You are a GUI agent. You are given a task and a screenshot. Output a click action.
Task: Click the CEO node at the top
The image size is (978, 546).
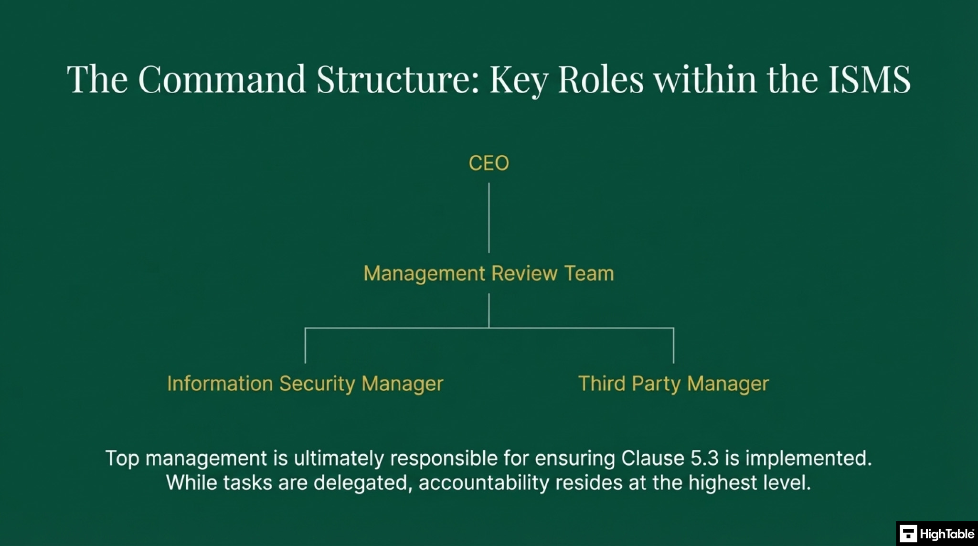click(x=489, y=163)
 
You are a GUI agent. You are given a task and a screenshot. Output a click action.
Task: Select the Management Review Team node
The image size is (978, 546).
click(x=489, y=274)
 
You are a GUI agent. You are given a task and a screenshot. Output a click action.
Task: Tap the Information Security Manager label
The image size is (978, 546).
click(x=305, y=384)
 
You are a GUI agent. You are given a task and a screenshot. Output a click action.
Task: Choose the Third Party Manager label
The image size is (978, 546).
click(x=673, y=384)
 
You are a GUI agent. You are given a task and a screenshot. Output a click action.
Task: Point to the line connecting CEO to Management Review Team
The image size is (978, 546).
click(x=489, y=218)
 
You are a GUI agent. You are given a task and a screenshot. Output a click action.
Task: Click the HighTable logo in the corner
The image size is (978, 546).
click(x=936, y=534)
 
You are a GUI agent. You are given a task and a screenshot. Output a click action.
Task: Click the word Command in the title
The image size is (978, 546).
click(x=222, y=79)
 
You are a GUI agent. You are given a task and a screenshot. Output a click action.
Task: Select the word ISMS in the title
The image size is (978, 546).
click(x=869, y=79)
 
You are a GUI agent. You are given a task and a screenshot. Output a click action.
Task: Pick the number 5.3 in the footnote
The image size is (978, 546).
click(x=704, y=459)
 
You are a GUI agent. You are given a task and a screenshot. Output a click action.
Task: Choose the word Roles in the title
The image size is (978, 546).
click(x=601, y=79)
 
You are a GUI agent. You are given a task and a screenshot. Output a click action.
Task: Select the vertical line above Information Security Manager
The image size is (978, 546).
click(x=305, y=345)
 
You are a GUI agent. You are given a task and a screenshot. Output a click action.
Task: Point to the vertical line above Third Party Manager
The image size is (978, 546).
click(x=673, y=345)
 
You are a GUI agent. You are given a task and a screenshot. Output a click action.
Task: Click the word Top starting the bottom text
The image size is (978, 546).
click(x=122, y=459)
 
